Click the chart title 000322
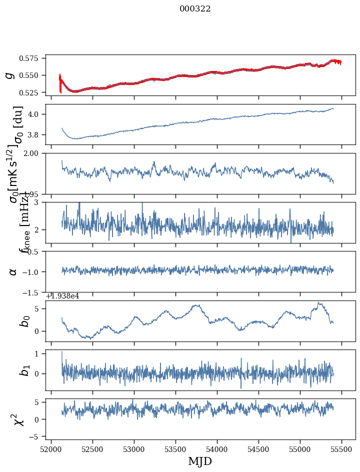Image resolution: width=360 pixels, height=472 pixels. [195, 9]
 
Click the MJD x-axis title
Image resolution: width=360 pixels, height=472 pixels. [200, 461]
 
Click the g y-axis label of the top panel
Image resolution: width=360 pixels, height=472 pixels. [9, 75]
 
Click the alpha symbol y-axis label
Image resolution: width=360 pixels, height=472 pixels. [13, 271]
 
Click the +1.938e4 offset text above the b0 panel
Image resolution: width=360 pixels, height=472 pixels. [62, 296]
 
